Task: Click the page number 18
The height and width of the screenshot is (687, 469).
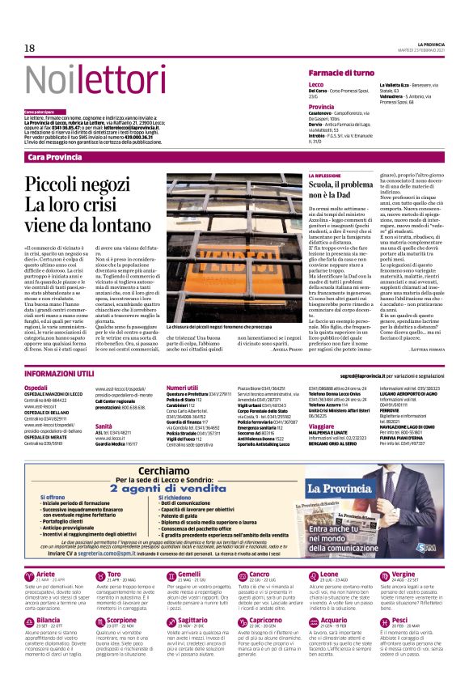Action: (29, 49)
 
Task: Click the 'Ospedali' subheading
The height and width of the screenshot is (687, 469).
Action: (36, 388)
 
